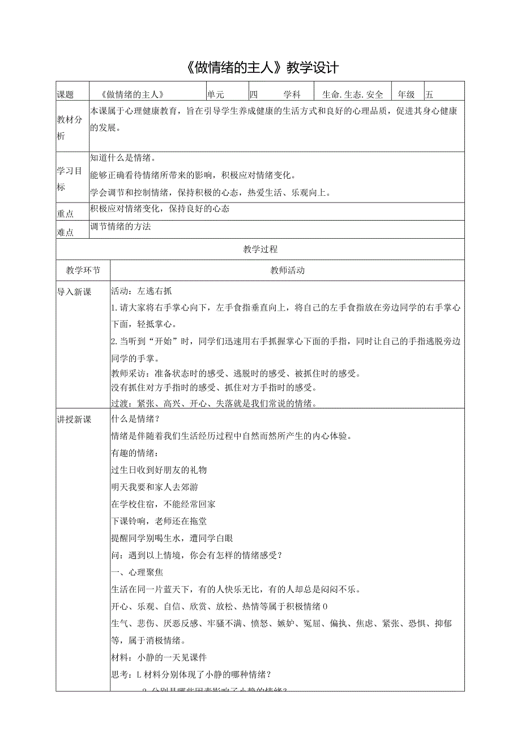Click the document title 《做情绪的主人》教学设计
click(261, 68)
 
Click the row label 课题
click(66, 95)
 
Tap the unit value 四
click(253, 95)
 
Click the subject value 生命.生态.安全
click(352, 95)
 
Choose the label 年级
click(407, 95)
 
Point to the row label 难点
click(66, 231)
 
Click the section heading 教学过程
click(260, 249)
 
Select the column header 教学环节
click(83, 270)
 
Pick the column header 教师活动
click(287, 270)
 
